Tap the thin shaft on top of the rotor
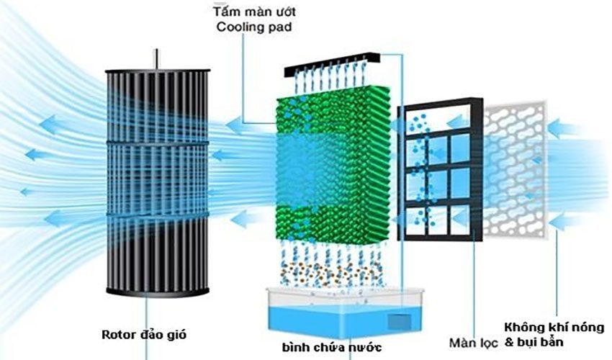(156, 58)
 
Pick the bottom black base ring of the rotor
(157, 291)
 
